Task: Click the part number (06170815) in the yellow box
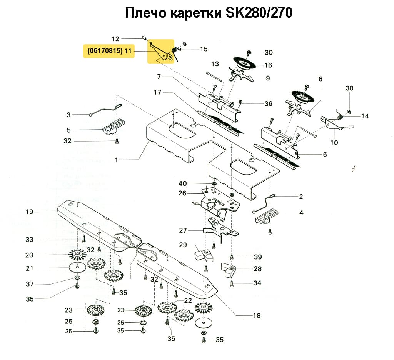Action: [x=105, y=51]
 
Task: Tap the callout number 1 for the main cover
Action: [x=117, y=160]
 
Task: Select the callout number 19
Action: [x=30, y=212]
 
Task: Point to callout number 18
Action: [x=257, y=316]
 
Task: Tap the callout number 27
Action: [x=183, y=230]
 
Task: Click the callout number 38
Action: [x=349, y=88]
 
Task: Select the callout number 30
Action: [x=268, y=52]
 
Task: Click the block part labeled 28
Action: [x=230, y=270]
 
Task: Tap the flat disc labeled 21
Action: [x=78, y=267]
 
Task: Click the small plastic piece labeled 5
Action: [x=114, y=127]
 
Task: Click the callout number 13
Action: [x=215, y=63]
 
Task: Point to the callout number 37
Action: [x=30, y=284]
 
